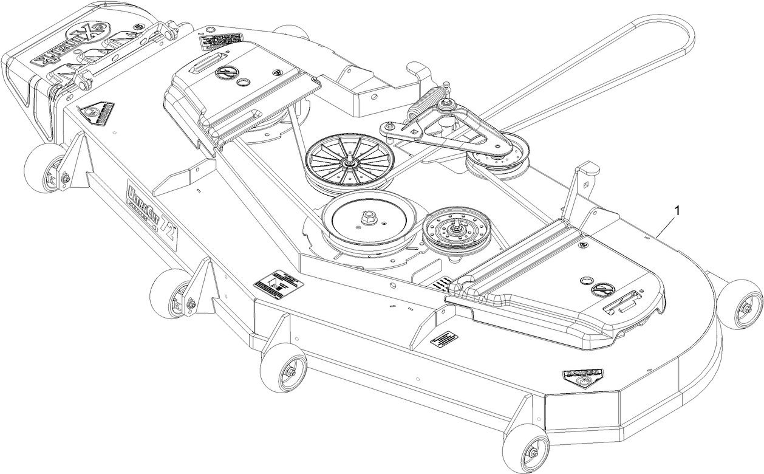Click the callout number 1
click(678, 210)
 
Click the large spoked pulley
click(348, 161)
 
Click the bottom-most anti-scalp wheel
click(526, 448)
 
